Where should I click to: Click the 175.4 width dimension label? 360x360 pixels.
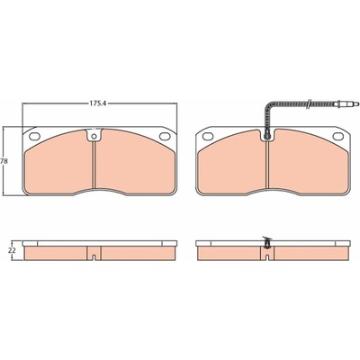coord(98,103)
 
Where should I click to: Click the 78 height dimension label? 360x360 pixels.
coord(4,161)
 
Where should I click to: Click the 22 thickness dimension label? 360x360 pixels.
coord(12,250)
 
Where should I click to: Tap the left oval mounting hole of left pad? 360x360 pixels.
coord(34,136)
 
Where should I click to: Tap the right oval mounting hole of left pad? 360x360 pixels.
coord(165,136)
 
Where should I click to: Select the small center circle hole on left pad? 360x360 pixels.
coord(94,137)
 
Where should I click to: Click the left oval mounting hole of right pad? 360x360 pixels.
coord(208,136)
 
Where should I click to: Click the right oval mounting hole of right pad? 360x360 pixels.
coord(338,136)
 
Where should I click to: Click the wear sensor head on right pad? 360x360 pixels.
coord(266,137)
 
